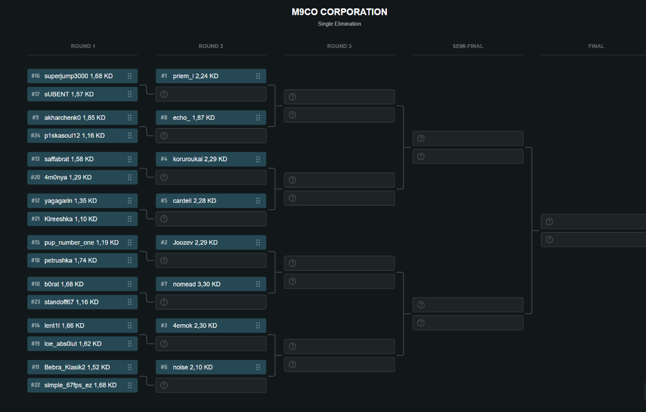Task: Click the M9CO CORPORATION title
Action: tap(339, 12)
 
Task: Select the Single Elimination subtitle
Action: tap(339, 24)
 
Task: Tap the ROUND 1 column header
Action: tap(83, 46)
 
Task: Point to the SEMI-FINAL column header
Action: tap(467, 46)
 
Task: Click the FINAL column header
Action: tap(596, 46)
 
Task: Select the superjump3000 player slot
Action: tap(82, 76)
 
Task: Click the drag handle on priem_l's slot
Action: tap(258, 76)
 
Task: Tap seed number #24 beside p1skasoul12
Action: tap(35, 136)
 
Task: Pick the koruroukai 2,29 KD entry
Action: tap(200, 159)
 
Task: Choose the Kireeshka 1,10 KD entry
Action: tap(70, 219)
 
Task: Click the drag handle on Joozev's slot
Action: tap(258, 242)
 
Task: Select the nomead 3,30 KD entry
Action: tap(197, 284)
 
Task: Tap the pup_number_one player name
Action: tap(69, 242)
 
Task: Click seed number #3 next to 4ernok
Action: tap(164, 325)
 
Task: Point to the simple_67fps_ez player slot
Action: tap(82, 385)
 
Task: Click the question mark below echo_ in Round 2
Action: tap(164, 136)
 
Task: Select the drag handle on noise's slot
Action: tap(258, 367)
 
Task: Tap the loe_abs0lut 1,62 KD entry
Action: tap(73, 344)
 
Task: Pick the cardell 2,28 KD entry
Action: tap(194, 201)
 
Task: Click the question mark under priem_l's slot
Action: tap(164, 94)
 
